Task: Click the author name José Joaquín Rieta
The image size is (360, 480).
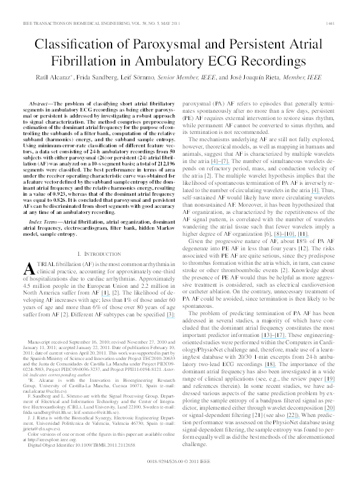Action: click(x=258, y=79)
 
